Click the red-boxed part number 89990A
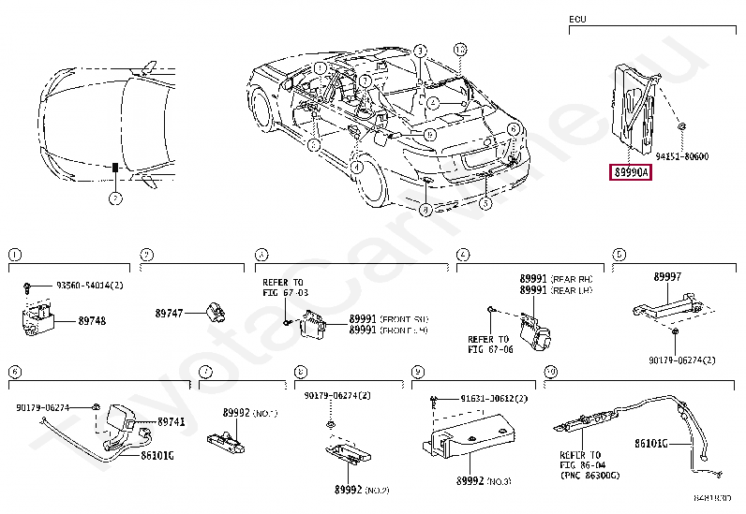pyautogui.click(x=631, y=172)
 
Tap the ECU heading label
pyautogui.click(x=577, y=19)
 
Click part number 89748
pyautogui.click(x=92, y=320)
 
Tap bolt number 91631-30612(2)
pyautogui.click(x=494, y=400)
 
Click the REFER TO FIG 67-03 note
pyautogui.click(x=283, y=287)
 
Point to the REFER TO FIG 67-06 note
pyautogui.click(x=488, y=345)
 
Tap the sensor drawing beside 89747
pyautogui.click(x=215, y=310)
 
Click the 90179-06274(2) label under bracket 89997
pyautogui.click(x=681, y=360)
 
